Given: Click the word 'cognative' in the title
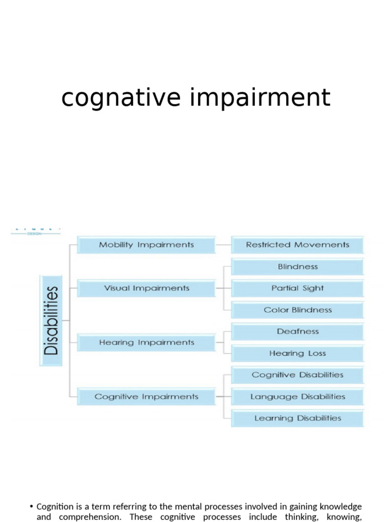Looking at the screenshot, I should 120,97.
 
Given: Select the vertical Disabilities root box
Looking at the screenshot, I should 51,321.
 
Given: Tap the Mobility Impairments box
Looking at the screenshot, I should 146,245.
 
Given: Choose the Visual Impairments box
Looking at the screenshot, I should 146,288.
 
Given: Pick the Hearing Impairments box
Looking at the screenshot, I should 146,343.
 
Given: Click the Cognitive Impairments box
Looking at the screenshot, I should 146,397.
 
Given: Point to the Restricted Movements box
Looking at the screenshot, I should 297,245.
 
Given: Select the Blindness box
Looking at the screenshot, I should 297,267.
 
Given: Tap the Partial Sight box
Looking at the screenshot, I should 297,288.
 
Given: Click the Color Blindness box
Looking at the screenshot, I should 297,310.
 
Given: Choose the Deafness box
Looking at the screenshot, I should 297,331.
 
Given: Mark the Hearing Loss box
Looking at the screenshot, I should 297,353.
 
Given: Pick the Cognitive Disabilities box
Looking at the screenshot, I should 297,375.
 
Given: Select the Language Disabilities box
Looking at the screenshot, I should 297,397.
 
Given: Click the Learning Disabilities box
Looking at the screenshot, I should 297,418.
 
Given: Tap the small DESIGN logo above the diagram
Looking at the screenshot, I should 36,232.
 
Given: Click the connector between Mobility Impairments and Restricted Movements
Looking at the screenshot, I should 223,245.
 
